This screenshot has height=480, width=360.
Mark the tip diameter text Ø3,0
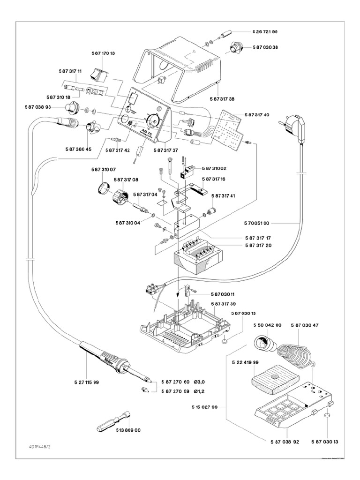pos(202,382)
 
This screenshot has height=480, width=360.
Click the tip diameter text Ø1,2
pos(202,391)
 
